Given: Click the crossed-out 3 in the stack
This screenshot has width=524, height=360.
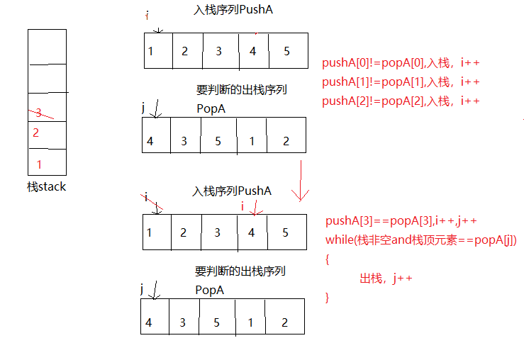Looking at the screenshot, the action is pyautogui.click(x=38, y=112).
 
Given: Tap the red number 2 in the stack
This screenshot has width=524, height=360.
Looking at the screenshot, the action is pyautogui.click(x=36, y=133).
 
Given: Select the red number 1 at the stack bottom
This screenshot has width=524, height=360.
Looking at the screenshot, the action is pyautogui.click(x=39, y=164).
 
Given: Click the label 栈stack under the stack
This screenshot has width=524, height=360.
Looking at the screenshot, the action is pyautogui.click(x=47, y=187).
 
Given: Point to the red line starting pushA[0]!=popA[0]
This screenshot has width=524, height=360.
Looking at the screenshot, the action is pyautogui.click(x=401, y=63).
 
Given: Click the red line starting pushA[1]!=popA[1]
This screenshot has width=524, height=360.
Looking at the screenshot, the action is pyautogui.click(x=401, y=82).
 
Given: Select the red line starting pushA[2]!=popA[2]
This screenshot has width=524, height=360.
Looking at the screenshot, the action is pyautogui.click(x=401, y=101).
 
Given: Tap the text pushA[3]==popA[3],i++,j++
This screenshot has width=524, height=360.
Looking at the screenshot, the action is pyautogui.click(x=401, y=221).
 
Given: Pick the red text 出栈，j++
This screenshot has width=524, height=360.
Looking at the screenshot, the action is pyautogui.click(x=386, y=279).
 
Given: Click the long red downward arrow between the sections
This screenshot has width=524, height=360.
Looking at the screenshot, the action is pyautogui.click(x=301, y=181).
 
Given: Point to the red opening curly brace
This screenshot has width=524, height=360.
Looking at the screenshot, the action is pyautogui.click(x=328, y=259).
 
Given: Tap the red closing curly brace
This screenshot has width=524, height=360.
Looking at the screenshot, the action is pyautogui.click(x=328, y=297).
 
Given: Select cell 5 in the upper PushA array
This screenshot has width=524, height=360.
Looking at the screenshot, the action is pyautogui.click(x=287, y=51).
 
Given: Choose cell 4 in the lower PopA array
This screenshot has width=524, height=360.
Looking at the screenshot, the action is pyautogui.click(x=149, y=322).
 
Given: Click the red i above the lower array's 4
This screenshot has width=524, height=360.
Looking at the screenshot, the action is pyautogui.click(x=243, y=206).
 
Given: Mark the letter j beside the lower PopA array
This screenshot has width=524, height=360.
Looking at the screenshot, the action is pyautogui.click(x=143, y=288).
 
